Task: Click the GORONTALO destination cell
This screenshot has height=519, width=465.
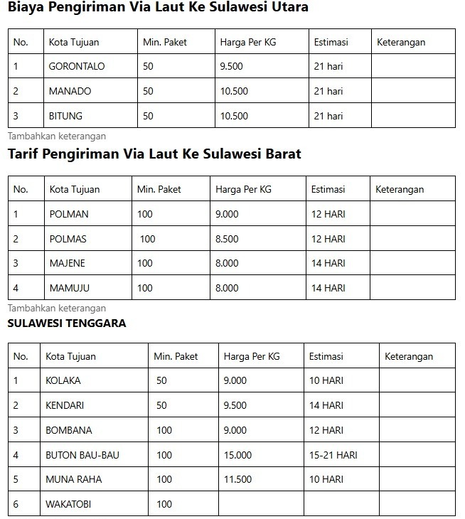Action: pos(77,66)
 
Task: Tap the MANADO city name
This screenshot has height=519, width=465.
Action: pos(70,91)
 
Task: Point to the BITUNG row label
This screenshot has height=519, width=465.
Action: pos(65,116)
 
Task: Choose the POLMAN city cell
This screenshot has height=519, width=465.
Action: pos(69,214)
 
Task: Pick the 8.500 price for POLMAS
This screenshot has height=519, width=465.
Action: pos(227,239)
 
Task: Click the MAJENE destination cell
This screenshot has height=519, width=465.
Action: pos(67,263)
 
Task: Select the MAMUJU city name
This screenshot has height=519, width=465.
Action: pos(70,288)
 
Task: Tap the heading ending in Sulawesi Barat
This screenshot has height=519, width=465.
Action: pos(154,154)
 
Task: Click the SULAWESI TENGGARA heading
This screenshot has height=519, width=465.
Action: pos(67,323)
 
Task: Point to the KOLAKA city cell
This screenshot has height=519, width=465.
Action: pos(63,380)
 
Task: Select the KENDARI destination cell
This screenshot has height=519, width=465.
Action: pos(65,405)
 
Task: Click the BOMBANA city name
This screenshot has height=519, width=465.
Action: pos(69,430)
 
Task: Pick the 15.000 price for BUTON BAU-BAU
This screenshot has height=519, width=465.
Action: pos(237,455)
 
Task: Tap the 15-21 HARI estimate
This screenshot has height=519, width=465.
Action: pos(333,455)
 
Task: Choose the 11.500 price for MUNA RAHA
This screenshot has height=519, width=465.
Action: pos(237,479)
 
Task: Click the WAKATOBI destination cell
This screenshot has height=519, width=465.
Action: pos(68,504)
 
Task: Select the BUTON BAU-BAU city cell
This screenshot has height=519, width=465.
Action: pos(82,455)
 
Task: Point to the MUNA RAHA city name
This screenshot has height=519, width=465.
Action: pos(74,479)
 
